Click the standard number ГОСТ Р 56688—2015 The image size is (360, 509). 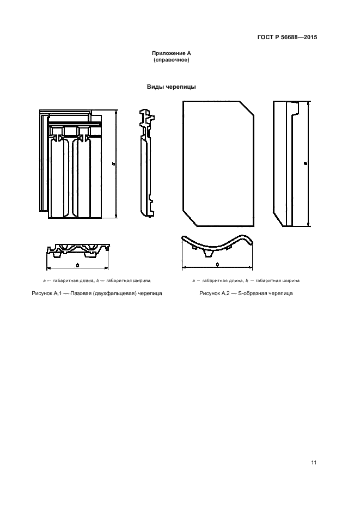click(x=287, y=38)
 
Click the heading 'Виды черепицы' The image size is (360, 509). click(x=171, y=87)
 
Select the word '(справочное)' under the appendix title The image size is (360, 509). click(x=171, y=60)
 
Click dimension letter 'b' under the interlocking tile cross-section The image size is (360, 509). click(x=77, y=265)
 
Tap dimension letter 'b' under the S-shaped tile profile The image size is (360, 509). click(x=217, y=264)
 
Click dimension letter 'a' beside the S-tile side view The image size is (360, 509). click(x=306, y=163)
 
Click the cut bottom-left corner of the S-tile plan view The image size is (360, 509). click(x=188, y=218)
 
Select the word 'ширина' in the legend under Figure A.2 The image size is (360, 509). click(x=289, y=280)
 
